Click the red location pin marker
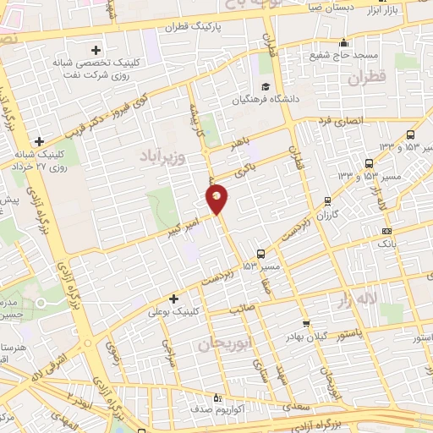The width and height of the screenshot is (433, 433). [x=217, y=198]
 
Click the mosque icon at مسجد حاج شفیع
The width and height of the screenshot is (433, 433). [x=343, y=43]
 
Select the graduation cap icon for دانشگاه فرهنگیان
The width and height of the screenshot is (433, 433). [x=265, y=86]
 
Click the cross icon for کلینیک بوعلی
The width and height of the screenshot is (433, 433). [x=173, y=299]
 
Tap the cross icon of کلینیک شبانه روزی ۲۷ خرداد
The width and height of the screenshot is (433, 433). [x=38, y=141]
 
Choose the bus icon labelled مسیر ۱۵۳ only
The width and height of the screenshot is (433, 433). [x=260, y=253]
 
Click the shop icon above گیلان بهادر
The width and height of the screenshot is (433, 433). [x=305, y=324]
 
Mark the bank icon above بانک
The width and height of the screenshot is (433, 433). [x=386, y=231]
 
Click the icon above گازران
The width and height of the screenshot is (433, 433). [x=327, y=201]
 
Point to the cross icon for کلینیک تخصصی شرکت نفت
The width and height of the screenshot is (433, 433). [x=96, y=50]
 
